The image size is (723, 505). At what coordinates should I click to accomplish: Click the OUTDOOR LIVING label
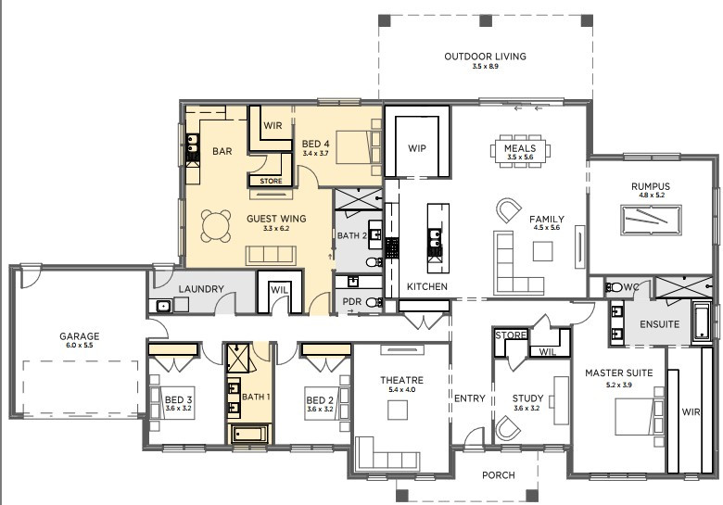[x=485, y=57]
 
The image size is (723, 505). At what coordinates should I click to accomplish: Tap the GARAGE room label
[x=79, y=336]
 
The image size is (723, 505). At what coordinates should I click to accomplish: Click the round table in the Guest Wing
[x=218, y=223]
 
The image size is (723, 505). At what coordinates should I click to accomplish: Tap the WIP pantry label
[x=417, y=147]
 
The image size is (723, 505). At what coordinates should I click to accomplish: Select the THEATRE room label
[x=401, y=380]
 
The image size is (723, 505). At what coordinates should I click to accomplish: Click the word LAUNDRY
[x=202, y=289]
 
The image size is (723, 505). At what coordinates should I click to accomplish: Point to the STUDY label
[x=527, y=399]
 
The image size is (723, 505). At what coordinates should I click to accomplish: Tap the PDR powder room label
[x=351, y=302]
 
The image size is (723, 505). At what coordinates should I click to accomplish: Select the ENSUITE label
[x=659, y=324]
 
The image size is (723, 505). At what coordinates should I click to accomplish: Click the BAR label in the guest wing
[x=222, y=151]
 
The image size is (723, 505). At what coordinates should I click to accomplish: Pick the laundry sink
[x=163, y=305]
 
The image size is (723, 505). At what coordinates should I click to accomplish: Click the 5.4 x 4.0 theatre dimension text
[x=401, y=390]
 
